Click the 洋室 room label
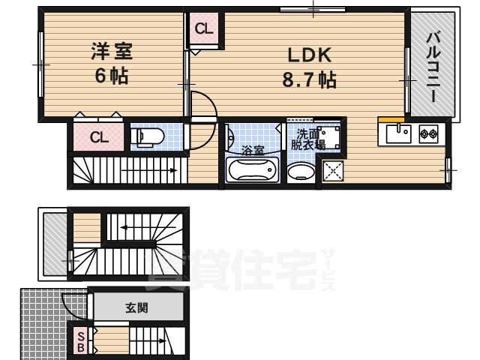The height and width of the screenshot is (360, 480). (112, 51)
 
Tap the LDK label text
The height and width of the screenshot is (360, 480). (310, 55)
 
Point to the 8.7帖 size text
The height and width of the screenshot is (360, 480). (309, 79)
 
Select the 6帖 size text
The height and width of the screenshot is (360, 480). (112, 76)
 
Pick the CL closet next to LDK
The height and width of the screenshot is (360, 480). (204, 28)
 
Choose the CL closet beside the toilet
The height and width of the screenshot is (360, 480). (99, 137)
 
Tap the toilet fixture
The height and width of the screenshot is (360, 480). (147, 136)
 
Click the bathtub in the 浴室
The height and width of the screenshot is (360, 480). (252, 170)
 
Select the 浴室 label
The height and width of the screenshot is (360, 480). (253, 150)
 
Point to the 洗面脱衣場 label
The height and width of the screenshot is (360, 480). (307, 139)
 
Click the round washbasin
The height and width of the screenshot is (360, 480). (301, 170)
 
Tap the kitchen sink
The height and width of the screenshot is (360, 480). (398, 134)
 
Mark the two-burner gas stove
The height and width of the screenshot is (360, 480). (428, 133)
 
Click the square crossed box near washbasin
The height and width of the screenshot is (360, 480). (333, 171)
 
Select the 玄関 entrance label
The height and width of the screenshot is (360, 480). (136, 307)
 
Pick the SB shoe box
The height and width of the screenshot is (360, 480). (81, 342)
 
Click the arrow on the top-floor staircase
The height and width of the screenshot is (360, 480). (149, 170)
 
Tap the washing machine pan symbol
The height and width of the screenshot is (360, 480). (328, 137)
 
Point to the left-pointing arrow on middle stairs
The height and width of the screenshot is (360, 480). (148, 227)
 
